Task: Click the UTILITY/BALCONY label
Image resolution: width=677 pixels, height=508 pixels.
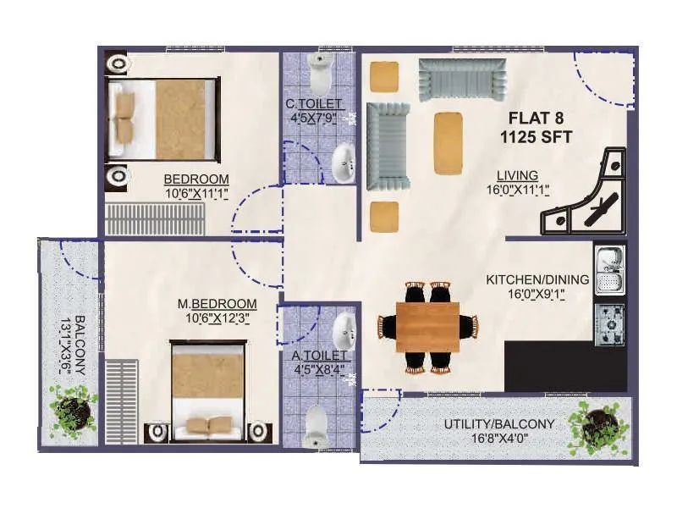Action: [x=499, y=424]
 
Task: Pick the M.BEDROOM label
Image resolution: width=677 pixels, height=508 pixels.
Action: [x=217, y=304]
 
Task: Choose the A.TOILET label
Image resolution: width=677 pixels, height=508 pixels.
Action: [x=316, y=356]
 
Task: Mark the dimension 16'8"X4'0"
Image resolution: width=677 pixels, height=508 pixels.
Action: [x=499, y=439]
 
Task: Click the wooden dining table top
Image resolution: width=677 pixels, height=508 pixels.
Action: [x=427, y=327]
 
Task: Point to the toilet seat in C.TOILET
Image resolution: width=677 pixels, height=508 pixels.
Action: [x=321, y=75]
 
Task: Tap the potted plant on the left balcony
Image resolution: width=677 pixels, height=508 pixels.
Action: [x=73, y=411]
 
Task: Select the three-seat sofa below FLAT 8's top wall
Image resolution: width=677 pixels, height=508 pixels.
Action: [x=460, y=80]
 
